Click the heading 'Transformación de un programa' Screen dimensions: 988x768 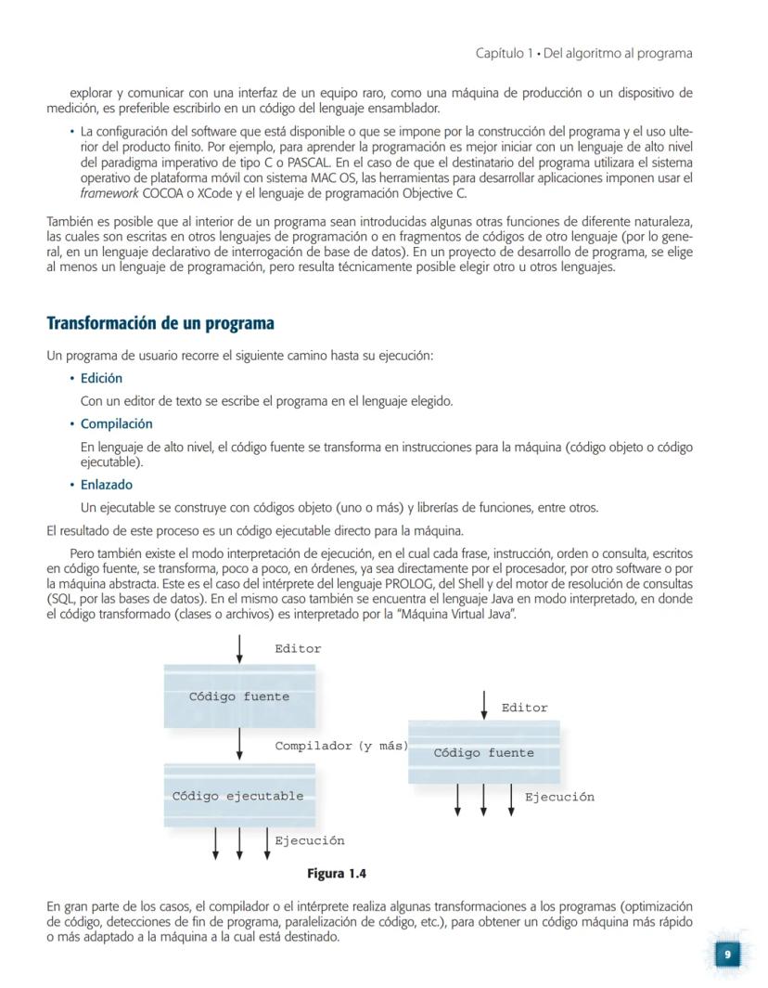pyautogui.click(x=160, y=324)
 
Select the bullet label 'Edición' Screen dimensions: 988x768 pyautogui.click(x=101, y=379)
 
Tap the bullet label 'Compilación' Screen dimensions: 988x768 pyautogui.click(x=116, y=424)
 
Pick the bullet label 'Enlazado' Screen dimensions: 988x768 pyautogui.click(x=106, y=485)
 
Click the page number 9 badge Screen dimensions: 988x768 pyautogui.click(x=727, y=955)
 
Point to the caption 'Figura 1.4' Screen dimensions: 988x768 pyautogui.click(x=337, y=874)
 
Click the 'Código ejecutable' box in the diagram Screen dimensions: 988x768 pyautogui.click(x=238, y=796)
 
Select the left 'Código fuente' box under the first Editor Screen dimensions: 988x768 pyautogui.click(x=238, y=696)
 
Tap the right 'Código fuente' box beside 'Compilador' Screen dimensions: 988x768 pyautogui.click(x=483, y=753)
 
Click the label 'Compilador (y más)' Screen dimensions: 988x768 pyautogui.click(x=341, y=746)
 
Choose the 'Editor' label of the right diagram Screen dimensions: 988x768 pyautogui.click(x=524, y=708)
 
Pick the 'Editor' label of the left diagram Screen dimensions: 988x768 pyautogui.click(x=298, y=649)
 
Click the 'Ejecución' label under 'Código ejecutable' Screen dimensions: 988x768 pyautogui.click(x=309, y=840)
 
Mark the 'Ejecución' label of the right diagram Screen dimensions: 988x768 pyautogui.click(x=559, y=797)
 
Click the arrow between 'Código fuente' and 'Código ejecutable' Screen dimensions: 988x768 pyautogui.click(x=239, y=744)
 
